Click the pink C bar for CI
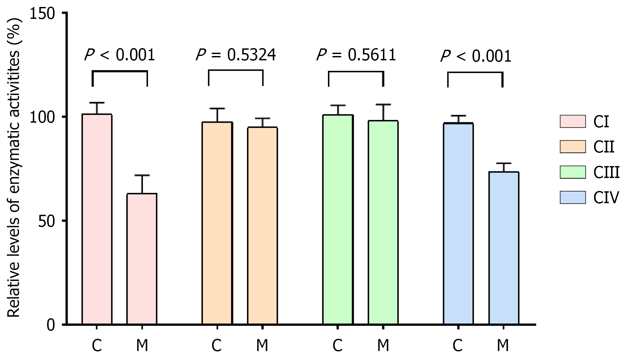click(x=97, y=219)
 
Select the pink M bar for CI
click(x=142, y=259)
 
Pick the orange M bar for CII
click(x=262, y=225)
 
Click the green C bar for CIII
click(x=338, y=219)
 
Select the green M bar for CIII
click(x=383, y=222)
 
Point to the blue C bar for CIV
click(x=458, y=223)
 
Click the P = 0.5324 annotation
click(x=236, y=55)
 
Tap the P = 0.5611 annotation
click(x=356, y=55)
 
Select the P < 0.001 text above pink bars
click(x=119, y=55)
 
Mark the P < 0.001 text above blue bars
click(x=475, y=56)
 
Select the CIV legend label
click(x=606, y=198)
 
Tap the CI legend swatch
click(x=572, y=121)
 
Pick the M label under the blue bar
click(x=503, y=346)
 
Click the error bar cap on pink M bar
click(x=142, y=175)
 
